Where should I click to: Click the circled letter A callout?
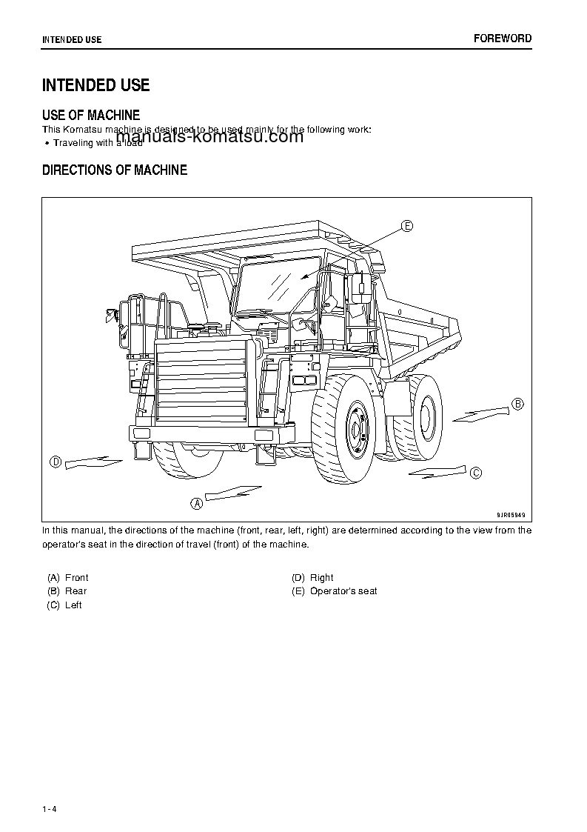pos(197,503)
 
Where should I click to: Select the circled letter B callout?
pos(517,404)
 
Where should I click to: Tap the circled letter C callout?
pos(476,473)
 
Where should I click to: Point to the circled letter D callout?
pos(55,462)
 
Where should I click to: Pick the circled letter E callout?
pos(407,226)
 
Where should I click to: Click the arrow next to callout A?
pos(232,492)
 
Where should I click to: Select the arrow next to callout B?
pos(480,413)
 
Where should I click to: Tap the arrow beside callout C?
pos(437,470)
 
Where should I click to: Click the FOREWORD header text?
pos(503,39)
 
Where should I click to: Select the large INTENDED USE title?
pos(95,85)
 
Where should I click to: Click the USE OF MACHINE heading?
pos(91,115)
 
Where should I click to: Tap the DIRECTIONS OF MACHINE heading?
pos(115,170)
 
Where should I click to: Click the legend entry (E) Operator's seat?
pos(335,591)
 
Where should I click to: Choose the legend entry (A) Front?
pos(67,577)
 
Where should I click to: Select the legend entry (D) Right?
pos(312,577)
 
